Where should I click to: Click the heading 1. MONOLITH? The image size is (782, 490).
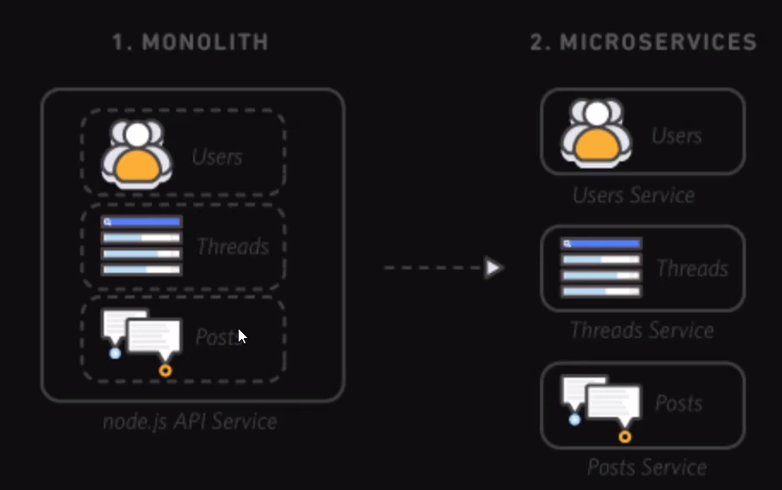pyautogui.click(x=190, y=42)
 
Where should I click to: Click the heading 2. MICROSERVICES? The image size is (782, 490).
pyautogui.click(x=643, y=42)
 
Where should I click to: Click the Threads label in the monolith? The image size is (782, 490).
pyautogui.click(x=233, y=247)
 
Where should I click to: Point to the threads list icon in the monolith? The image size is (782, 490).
pyautogui.click(x=142, y=246)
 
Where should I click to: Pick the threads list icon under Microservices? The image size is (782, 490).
pyautogui.click(x=601, y=268)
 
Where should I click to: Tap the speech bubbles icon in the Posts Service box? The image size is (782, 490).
pyautogui.click(x=602, y=404)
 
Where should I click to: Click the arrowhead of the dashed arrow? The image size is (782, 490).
pyautogui.click(x=494, y=268)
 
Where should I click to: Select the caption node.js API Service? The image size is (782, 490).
pyautogui.click(x=190, y=422)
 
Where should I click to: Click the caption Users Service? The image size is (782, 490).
pyautogui.click(x=633, y=196)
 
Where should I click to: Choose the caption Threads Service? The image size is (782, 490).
pyautogui.click(x=641, y=330)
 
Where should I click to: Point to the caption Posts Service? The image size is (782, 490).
pyautogui.click(x=646, y=467)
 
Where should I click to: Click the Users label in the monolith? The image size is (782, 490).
pyautogui.click(x=217, y=157)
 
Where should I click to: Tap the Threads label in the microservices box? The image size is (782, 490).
pyautogui.click(x=692, y=269)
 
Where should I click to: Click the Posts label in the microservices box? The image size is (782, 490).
pyautogui.click(x=678, y=403)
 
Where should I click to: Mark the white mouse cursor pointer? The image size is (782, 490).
pyautogui.click(x=242, y=336)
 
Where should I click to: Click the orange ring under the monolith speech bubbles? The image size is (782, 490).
pyautogui.click(x=165, y=371)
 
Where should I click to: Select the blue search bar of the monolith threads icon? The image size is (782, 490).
pyautogui.click(x=142, y=221)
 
